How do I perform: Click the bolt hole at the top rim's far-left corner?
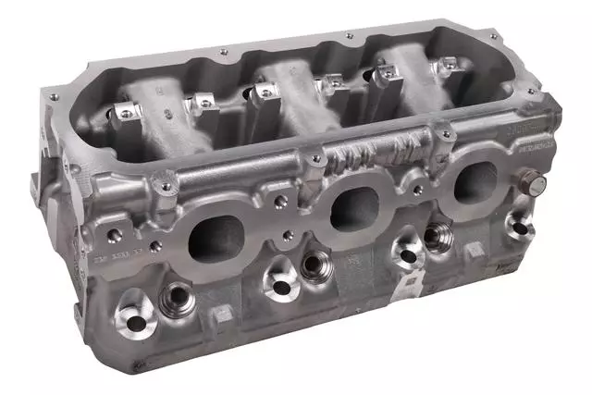click(53, 96)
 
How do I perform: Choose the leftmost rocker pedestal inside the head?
click(121, 115)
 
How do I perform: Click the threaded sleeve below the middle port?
click(313, 265)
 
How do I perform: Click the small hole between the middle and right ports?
click(416, 198)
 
